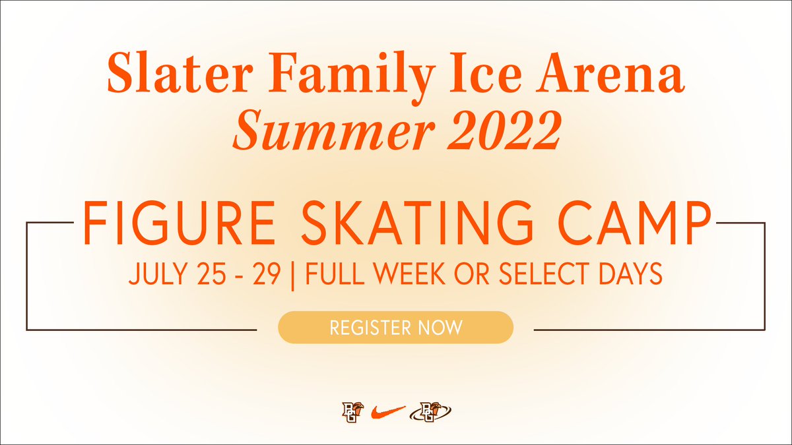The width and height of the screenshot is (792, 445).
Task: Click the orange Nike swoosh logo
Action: click(x=388, y=412)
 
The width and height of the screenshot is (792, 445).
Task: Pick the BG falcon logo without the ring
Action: click(x=350, y=412)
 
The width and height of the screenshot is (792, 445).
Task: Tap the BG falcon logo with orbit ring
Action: click(x=430, y=412)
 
